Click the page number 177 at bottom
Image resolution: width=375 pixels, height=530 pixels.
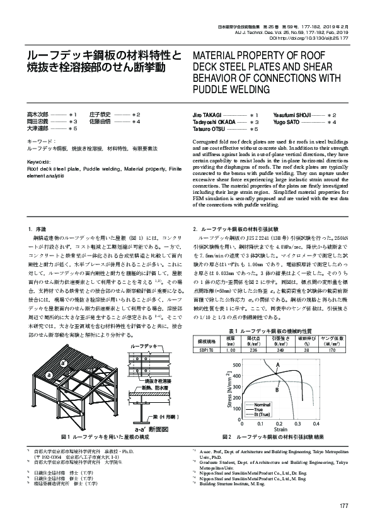tap(343, 507)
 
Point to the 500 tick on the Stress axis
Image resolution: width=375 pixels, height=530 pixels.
tap(234, 347)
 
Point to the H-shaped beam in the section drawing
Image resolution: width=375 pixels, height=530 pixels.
tap(139, 419)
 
